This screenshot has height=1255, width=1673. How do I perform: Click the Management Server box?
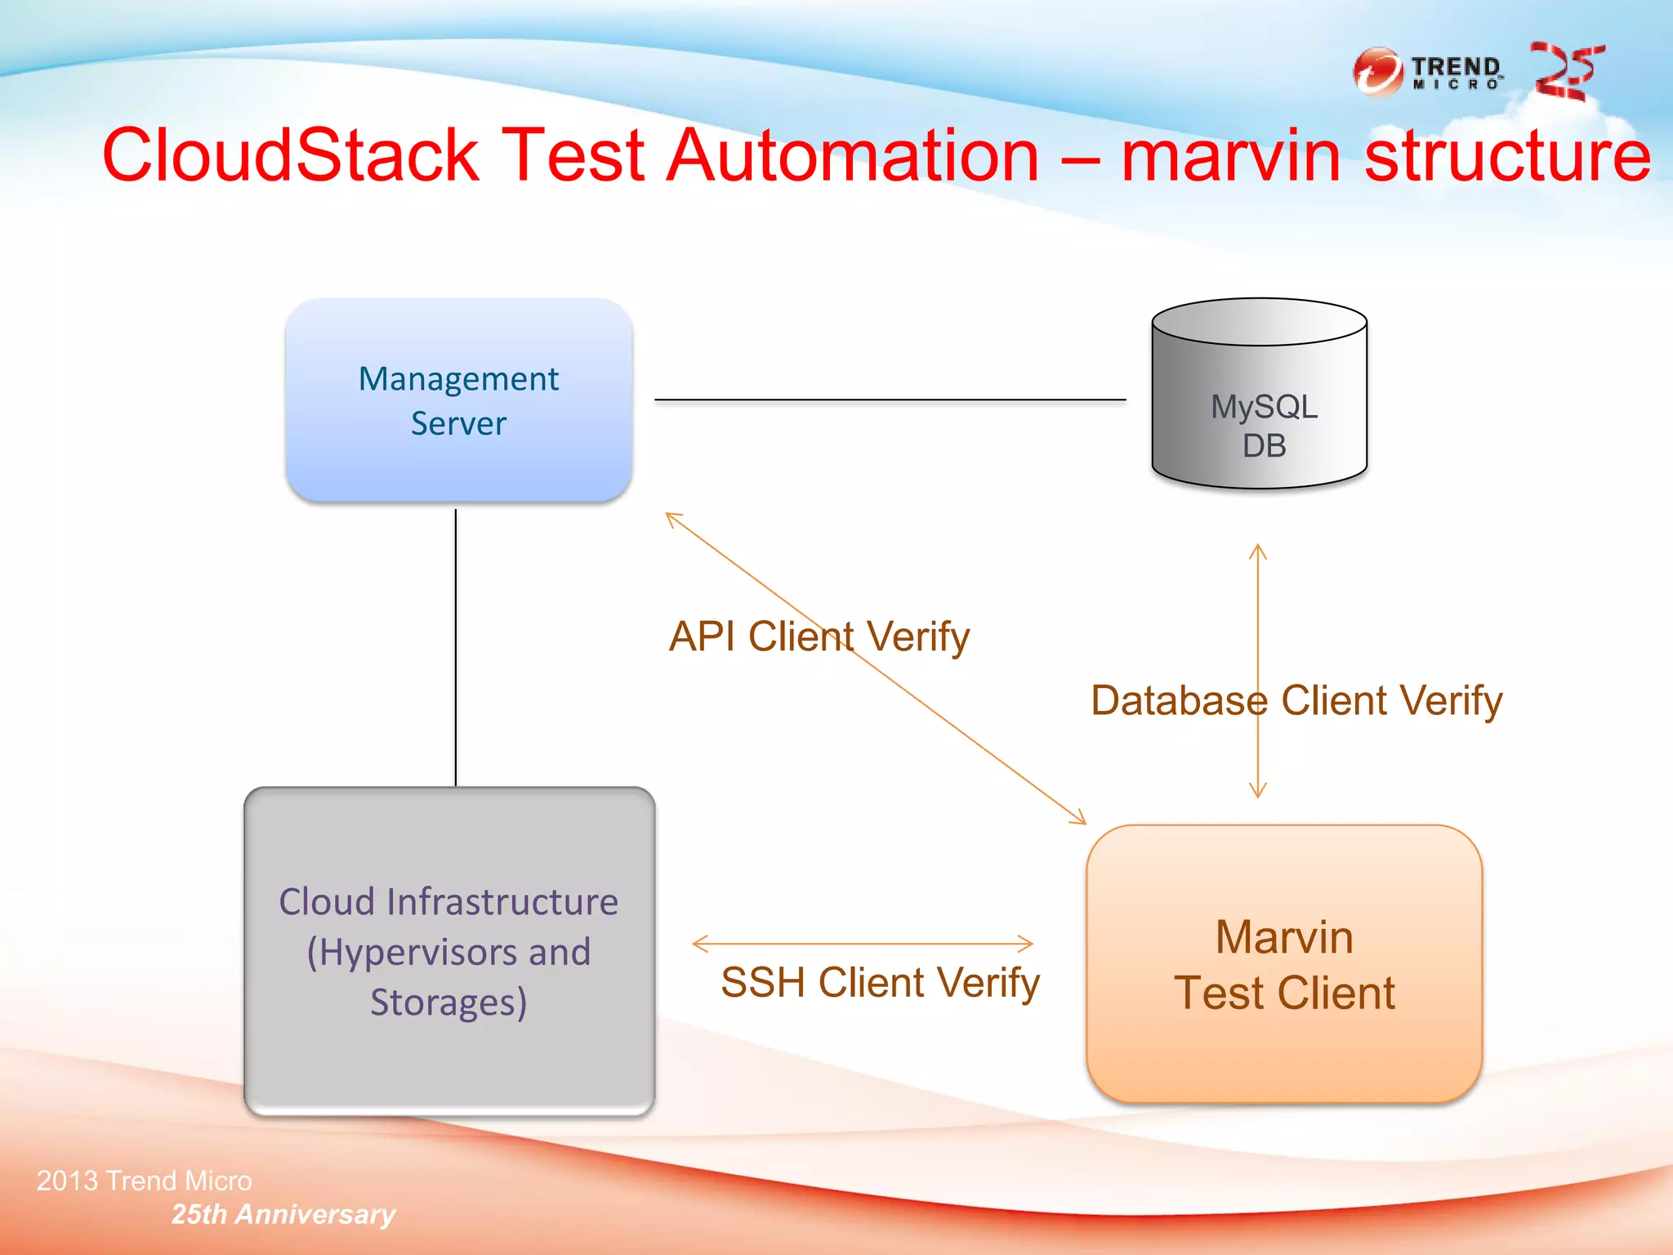(458, 400)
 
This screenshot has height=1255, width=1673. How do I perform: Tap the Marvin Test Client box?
(1283, 964)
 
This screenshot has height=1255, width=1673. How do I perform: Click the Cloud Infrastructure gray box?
(449, 951)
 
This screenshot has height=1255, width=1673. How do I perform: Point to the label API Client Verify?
(819, 636)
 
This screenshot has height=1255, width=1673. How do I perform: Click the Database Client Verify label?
(1296, 701)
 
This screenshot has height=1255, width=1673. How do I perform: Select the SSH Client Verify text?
(880, 982)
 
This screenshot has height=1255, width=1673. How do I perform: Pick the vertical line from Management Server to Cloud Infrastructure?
(456, 645)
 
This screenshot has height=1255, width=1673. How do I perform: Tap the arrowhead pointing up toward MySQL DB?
(1258, 551)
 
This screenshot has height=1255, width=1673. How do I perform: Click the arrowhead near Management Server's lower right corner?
(672, 518)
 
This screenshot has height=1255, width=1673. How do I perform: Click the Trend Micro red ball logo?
(1378, 72)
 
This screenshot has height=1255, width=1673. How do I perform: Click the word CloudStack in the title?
(290, 155)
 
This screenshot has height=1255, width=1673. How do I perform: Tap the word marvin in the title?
(1230, 155)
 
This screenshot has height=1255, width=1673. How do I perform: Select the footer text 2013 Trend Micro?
(144, 1181)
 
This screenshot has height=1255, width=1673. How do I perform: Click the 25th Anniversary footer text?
(283, 1214)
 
